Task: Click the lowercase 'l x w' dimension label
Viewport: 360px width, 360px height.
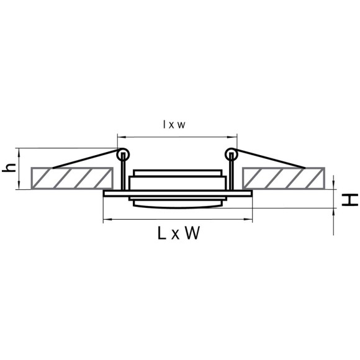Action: coord(174,124)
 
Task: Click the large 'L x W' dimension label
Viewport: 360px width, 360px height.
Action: coord(179,233)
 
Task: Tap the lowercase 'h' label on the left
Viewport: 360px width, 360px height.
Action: coord(9,168)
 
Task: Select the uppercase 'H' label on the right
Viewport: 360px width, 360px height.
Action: coord(349,199)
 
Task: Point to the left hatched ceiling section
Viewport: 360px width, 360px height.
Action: coord(72,178)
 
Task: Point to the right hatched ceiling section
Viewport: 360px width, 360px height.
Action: coord(283,178)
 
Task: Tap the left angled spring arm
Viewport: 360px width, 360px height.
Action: coord(86,159)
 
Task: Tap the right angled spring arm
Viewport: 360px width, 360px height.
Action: coord(269,159)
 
